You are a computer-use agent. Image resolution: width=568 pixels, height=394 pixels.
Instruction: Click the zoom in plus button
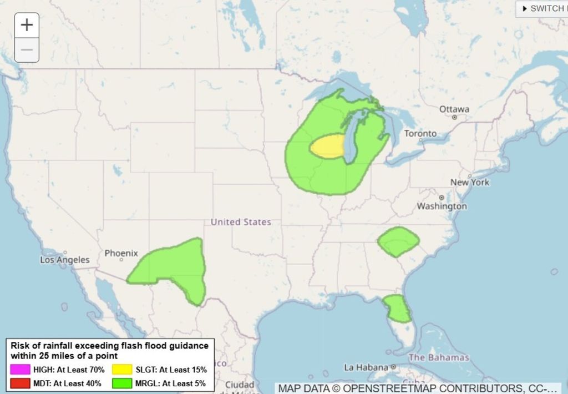27,25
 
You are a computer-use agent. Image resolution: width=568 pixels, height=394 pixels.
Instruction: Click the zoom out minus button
27,50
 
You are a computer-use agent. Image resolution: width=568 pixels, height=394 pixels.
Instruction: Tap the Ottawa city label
454,109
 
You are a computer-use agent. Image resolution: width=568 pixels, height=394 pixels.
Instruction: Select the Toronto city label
420,134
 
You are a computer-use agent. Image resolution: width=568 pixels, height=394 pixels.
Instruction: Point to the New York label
470,182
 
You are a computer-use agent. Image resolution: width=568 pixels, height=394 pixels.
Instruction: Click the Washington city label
442,206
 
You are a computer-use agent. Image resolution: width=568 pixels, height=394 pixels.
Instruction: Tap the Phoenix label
121,253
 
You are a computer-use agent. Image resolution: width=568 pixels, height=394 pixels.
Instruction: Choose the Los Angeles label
64,260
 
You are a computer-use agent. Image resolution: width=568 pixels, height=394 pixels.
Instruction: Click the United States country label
241,222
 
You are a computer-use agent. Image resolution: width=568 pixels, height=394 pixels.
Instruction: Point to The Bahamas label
439,357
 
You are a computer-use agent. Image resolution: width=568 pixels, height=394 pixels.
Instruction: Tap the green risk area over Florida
398,308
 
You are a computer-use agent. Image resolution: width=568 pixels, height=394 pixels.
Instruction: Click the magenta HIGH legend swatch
19,370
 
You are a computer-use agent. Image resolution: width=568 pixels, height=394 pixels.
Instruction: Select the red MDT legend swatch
19,383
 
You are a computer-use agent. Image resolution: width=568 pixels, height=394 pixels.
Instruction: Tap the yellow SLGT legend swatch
122,370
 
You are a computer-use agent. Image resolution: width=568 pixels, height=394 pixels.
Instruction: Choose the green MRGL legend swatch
122,383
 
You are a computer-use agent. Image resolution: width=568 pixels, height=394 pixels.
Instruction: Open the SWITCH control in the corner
542,8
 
